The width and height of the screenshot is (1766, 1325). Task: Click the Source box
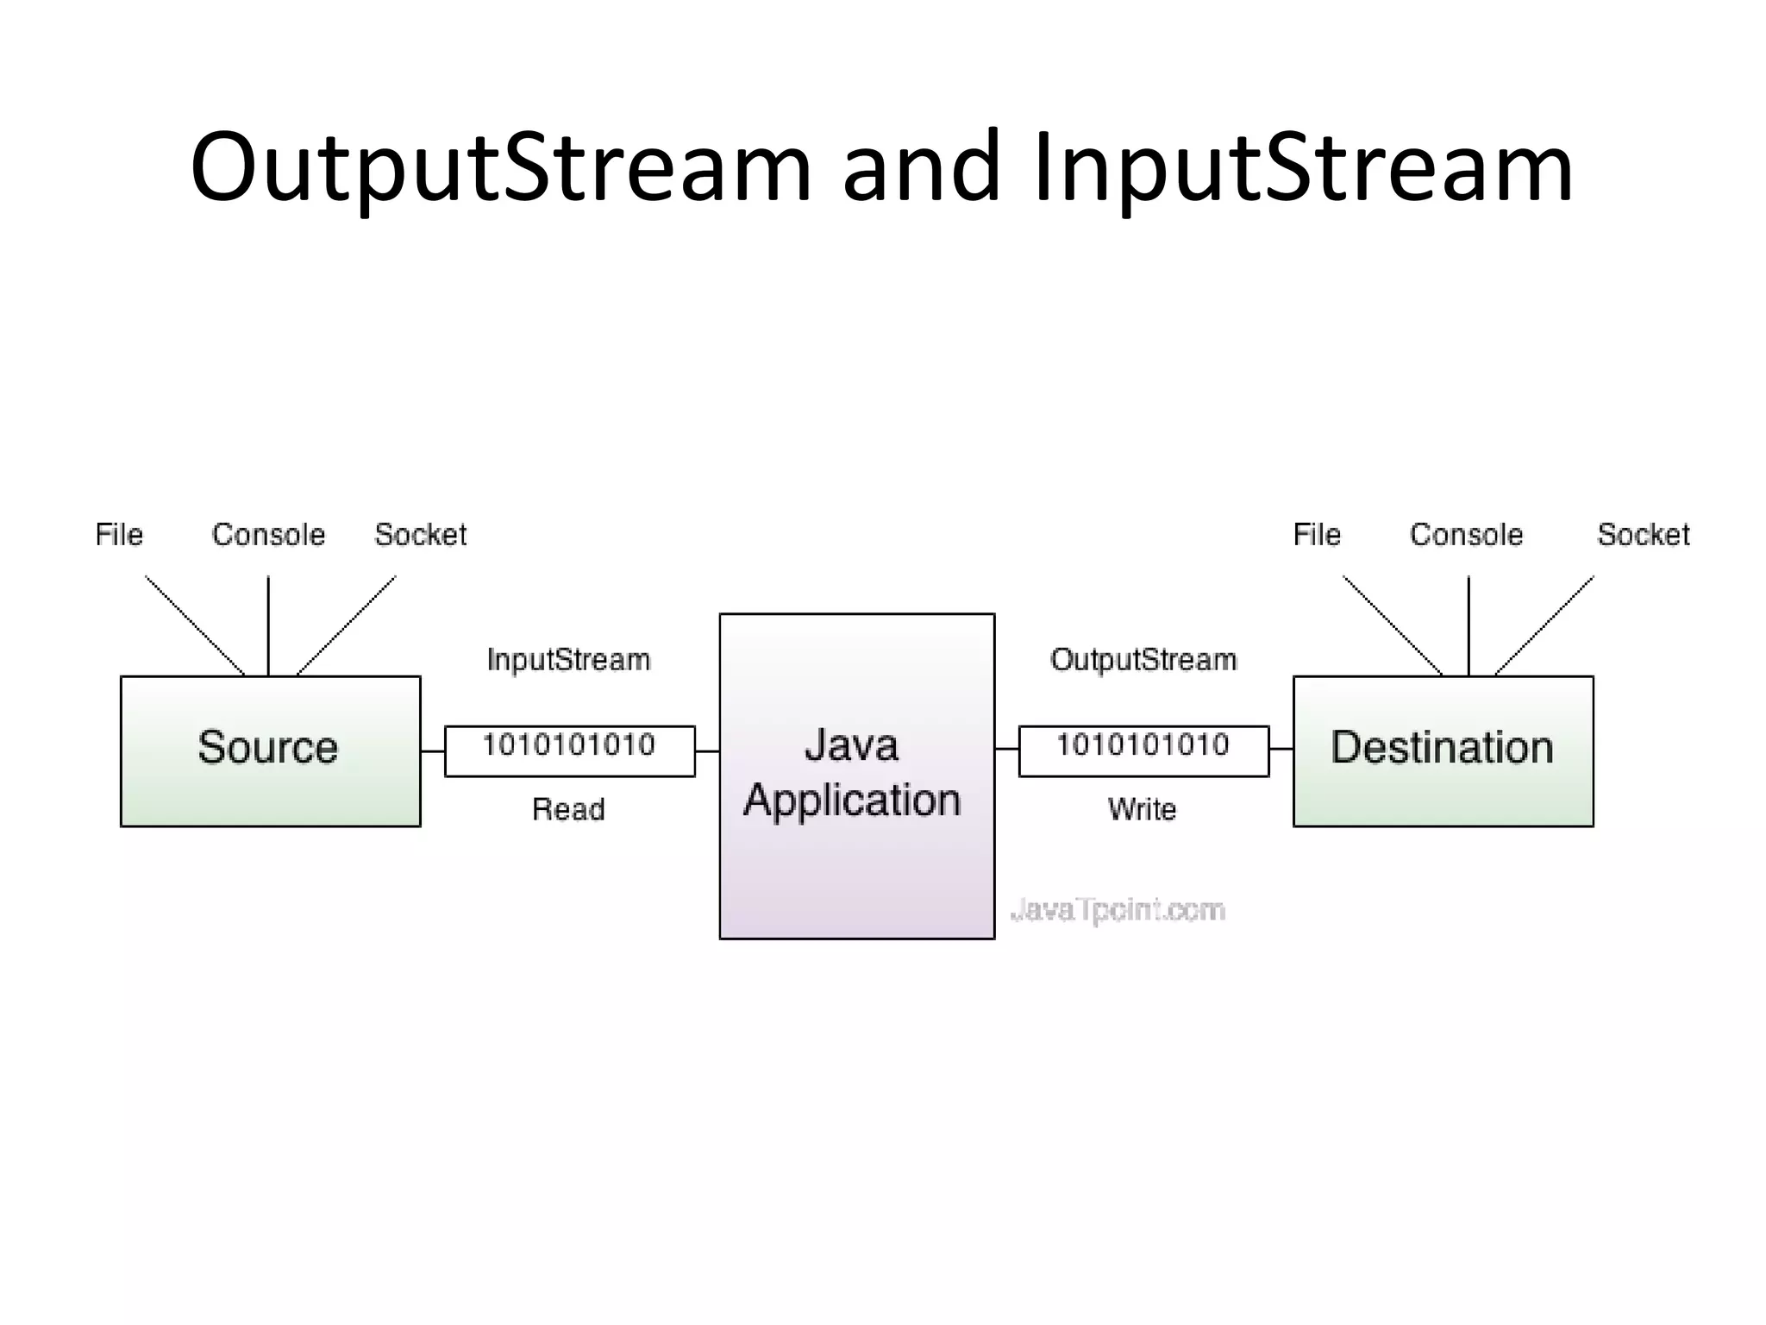click(x=270, y=750)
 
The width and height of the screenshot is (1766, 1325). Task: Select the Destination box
click(x=1443, y=750)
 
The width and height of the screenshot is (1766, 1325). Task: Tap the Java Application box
click(x=856, y=776)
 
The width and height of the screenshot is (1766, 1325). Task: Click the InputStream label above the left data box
click(x=568, y=660)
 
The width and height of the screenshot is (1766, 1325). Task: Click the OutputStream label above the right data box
click(x=1143, y=660)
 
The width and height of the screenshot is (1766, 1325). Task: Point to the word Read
click(x=568, y=809)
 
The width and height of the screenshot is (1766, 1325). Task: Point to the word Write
click(x=1142, y=809)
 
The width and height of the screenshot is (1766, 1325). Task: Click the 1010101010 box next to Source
click(x=569, y=750)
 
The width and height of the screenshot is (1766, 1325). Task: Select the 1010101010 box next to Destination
click(x=1143, y=750)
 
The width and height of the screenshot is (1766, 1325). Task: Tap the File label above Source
click(x=119, y=535)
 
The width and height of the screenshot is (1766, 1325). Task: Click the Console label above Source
click(x=268, y=535)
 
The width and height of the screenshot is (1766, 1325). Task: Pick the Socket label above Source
click(x=420, y=535)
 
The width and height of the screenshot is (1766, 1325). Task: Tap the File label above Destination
click(x=1317, y=535)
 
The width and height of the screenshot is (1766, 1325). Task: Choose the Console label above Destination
click(x=1466, y=535)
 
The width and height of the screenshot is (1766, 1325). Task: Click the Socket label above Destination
click(x=1643, y=535)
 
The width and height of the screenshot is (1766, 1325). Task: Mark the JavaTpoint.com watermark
click(x=1117, y=910)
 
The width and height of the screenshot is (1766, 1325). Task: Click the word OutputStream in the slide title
click(x=500, y=168)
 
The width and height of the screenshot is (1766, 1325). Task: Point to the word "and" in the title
click(x=921, y=168)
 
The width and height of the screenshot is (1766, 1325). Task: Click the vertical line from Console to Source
click(x=268, y=625)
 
